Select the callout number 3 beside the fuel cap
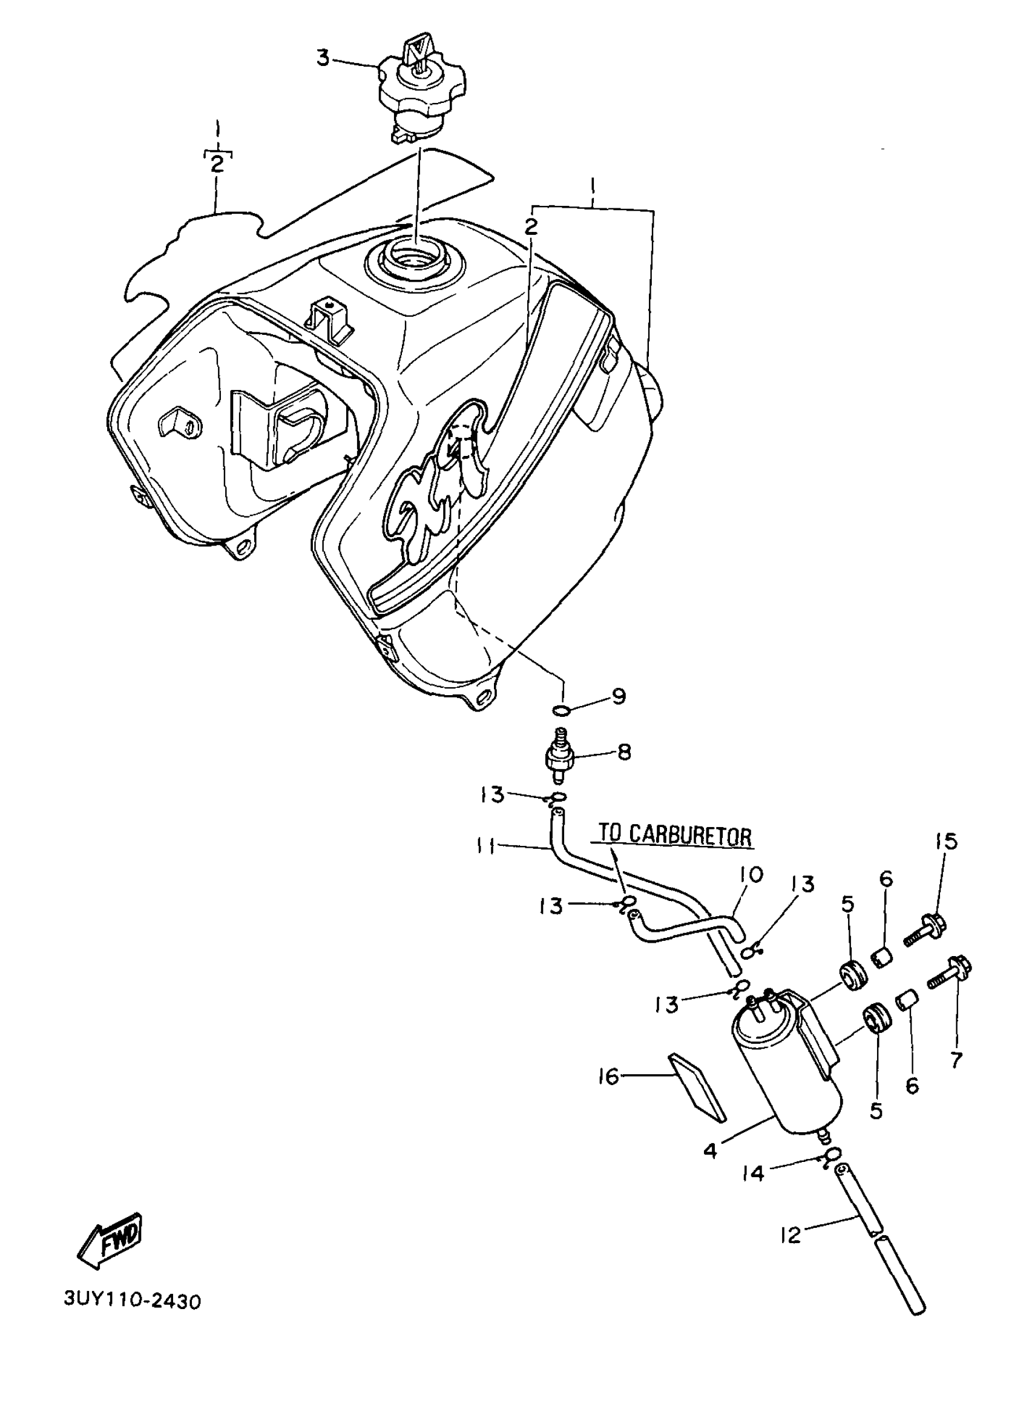(323, 58)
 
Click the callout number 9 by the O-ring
(618, 696)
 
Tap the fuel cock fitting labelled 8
(559, 757)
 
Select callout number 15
(945, 841)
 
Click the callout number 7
(956, 1058)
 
